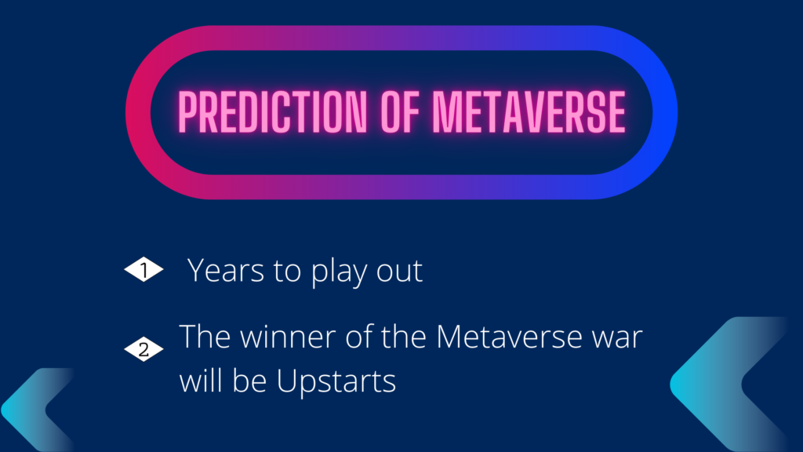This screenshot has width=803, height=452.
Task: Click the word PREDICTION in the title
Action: [x=272, y=111]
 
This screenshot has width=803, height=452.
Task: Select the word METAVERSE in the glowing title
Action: [x=529, y=111]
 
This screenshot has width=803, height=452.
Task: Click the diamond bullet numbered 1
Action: [x=144, y=270]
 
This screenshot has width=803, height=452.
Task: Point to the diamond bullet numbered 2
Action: [x=144, y=349]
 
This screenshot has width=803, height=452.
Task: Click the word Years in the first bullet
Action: [x=225, y=270]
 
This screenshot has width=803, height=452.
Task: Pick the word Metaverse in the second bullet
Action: [x=509, y=337]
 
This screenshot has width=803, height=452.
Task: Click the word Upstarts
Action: [x=336, y=382]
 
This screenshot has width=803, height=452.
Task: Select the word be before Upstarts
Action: [x=249, y=381]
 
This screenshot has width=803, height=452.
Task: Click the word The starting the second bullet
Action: [x=205, y=337]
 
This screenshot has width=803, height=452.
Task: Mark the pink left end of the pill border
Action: [x=138, y=112]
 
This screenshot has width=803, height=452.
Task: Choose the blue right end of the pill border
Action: [x=665, y=112]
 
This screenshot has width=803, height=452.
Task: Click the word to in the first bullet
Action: [x=287, y=272]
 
